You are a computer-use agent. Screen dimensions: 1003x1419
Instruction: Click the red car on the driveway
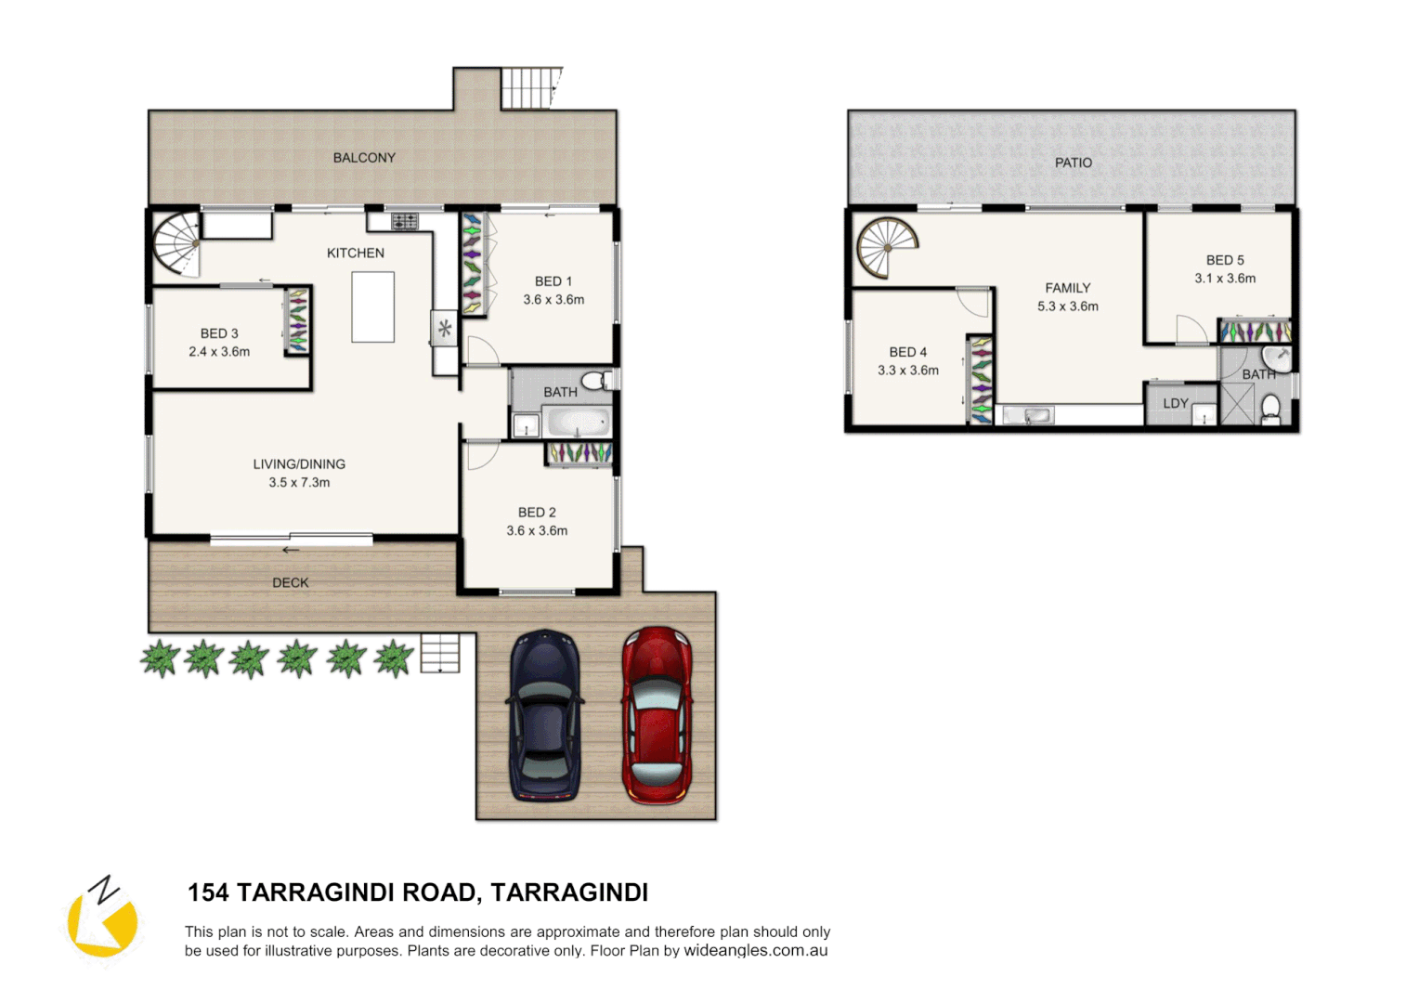(657, 715)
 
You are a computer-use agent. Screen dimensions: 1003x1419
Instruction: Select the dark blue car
(545, 715)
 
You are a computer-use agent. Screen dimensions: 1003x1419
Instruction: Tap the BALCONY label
(364, 158)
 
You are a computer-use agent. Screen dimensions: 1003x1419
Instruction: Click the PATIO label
(1073, 163)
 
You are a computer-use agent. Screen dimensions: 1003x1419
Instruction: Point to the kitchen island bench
(372, 306)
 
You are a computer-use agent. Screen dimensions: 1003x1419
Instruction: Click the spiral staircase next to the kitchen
(176, 243)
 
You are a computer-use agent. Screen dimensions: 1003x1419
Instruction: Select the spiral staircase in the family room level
(886, 247)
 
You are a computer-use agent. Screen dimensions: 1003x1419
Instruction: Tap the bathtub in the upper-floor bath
(578, 423)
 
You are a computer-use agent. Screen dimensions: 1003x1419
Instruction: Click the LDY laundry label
(1175, 404)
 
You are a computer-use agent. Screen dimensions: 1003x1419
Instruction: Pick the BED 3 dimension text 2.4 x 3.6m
(219, 352)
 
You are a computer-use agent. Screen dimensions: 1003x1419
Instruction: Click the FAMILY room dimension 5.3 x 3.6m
(1067, 306)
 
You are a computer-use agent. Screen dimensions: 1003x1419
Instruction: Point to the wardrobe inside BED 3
(297, 321)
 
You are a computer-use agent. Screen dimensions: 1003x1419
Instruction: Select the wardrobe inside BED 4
(981, 380)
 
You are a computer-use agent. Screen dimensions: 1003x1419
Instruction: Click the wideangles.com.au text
(755, 951)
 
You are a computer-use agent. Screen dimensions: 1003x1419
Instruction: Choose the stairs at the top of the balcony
(531, 88)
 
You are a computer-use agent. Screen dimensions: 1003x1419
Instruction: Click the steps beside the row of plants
(439, 653)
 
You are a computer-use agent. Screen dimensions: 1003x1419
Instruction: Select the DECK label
(290, 583)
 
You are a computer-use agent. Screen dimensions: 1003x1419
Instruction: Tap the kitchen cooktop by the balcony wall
(404, 221)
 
